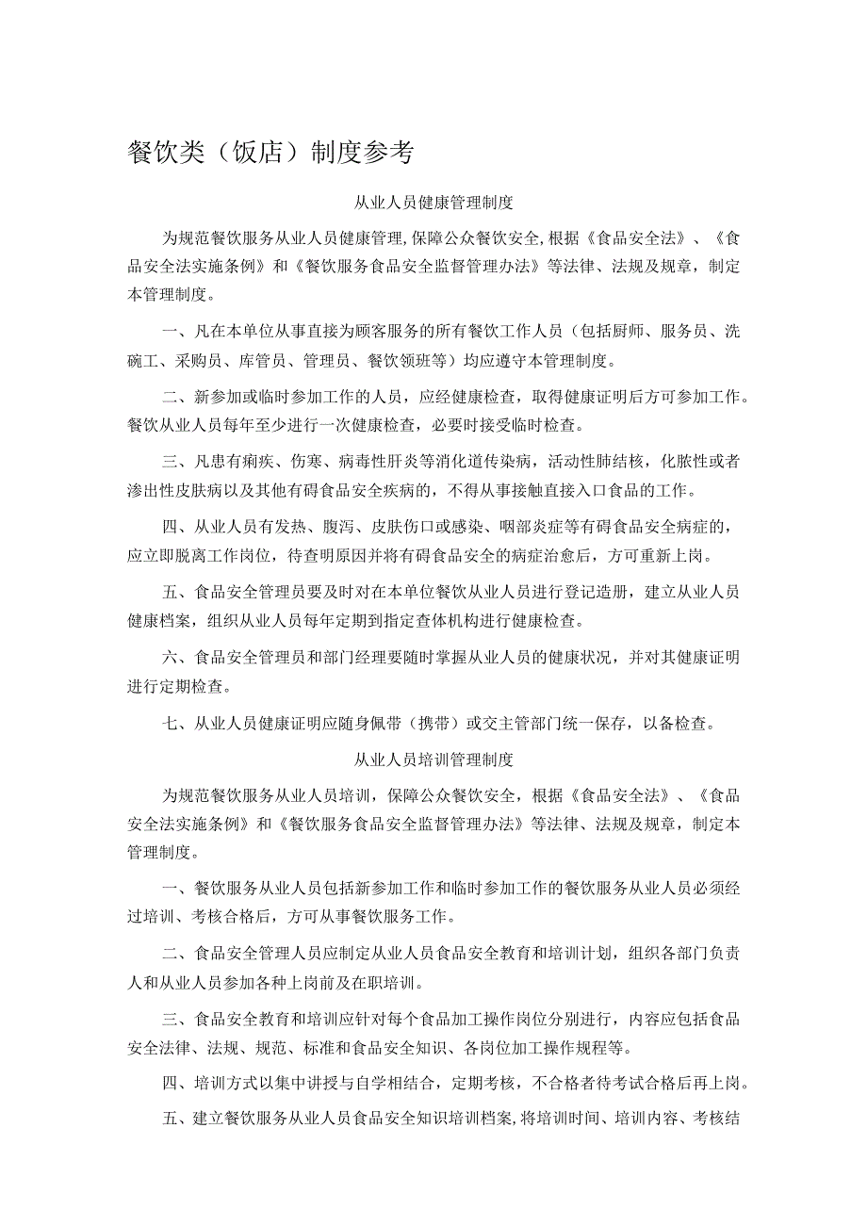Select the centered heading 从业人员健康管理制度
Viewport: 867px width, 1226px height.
click(433, 203)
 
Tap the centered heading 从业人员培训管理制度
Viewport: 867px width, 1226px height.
click(433, 759)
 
